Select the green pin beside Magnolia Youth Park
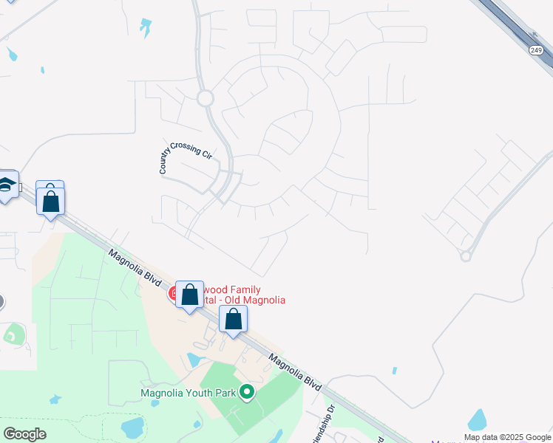tap(248, 392)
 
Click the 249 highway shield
tap(536, 49)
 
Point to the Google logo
tap(24, 434)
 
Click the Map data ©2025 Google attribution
tap(508, 437)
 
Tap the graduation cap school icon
tap(6, 185)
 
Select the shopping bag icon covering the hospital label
tap(190, 295)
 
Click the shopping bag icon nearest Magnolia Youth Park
tap(234, 319)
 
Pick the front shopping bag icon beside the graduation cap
tap(50, 202)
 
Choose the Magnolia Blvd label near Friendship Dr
tap(295, 374)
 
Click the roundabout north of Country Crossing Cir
tap(205, 97)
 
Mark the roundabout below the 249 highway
tap(466, 256)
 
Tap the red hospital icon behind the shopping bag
tap(175, 293)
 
